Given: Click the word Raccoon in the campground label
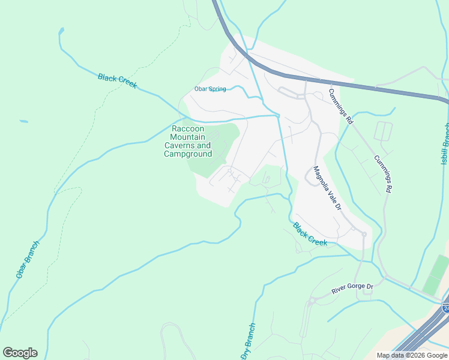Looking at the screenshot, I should point(188,129).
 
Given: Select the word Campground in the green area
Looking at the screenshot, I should point(188,154).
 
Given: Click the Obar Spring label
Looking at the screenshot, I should point(210,89).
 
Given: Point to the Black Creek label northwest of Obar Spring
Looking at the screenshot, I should point(117,81).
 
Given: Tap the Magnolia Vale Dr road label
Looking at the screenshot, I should point(328,188).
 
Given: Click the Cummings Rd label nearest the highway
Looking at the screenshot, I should point(340,106).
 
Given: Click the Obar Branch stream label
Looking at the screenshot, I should point(27,260).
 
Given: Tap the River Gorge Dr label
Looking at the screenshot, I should point(352,288).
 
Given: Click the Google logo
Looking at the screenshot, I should point(20,352).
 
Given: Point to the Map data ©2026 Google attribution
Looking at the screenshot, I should point(412,355).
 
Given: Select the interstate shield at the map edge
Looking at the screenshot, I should point(445,308).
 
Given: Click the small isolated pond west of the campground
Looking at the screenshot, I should point(23,122).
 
